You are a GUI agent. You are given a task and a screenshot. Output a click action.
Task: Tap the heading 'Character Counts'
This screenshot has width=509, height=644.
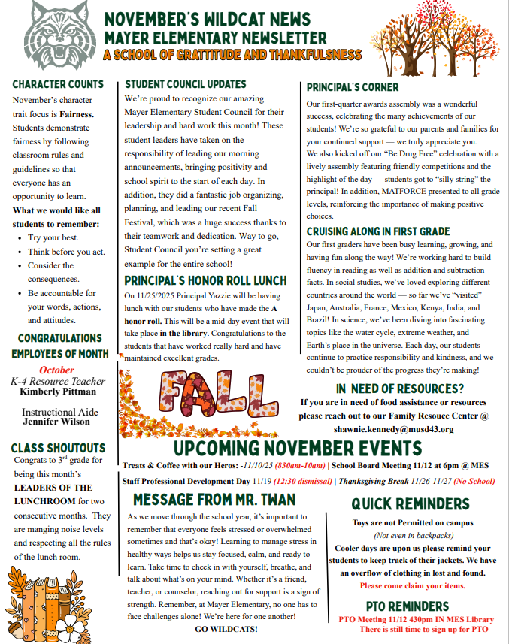pos(58,84)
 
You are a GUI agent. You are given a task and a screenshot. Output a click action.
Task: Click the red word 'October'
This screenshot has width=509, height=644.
pos(57,370)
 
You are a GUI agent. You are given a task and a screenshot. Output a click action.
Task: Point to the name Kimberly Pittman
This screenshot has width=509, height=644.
pos(57,392)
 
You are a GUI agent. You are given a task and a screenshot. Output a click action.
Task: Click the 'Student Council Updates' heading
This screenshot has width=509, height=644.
pos(186,84)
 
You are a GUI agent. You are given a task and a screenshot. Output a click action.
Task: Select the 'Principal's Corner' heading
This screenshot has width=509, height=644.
pos(353,87)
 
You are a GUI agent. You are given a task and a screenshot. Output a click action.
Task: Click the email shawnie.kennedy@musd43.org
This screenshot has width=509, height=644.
pos(393,429)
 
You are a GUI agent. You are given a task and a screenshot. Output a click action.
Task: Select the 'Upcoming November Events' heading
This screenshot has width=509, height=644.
pos(298,449)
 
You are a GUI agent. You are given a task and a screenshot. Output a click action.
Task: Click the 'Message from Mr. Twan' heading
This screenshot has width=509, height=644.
pos(214,500)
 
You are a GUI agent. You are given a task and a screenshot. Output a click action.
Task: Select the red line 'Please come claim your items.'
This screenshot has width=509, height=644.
pos(412,585)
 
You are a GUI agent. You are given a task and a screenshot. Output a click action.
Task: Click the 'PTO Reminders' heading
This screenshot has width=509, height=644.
pos(408,606)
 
